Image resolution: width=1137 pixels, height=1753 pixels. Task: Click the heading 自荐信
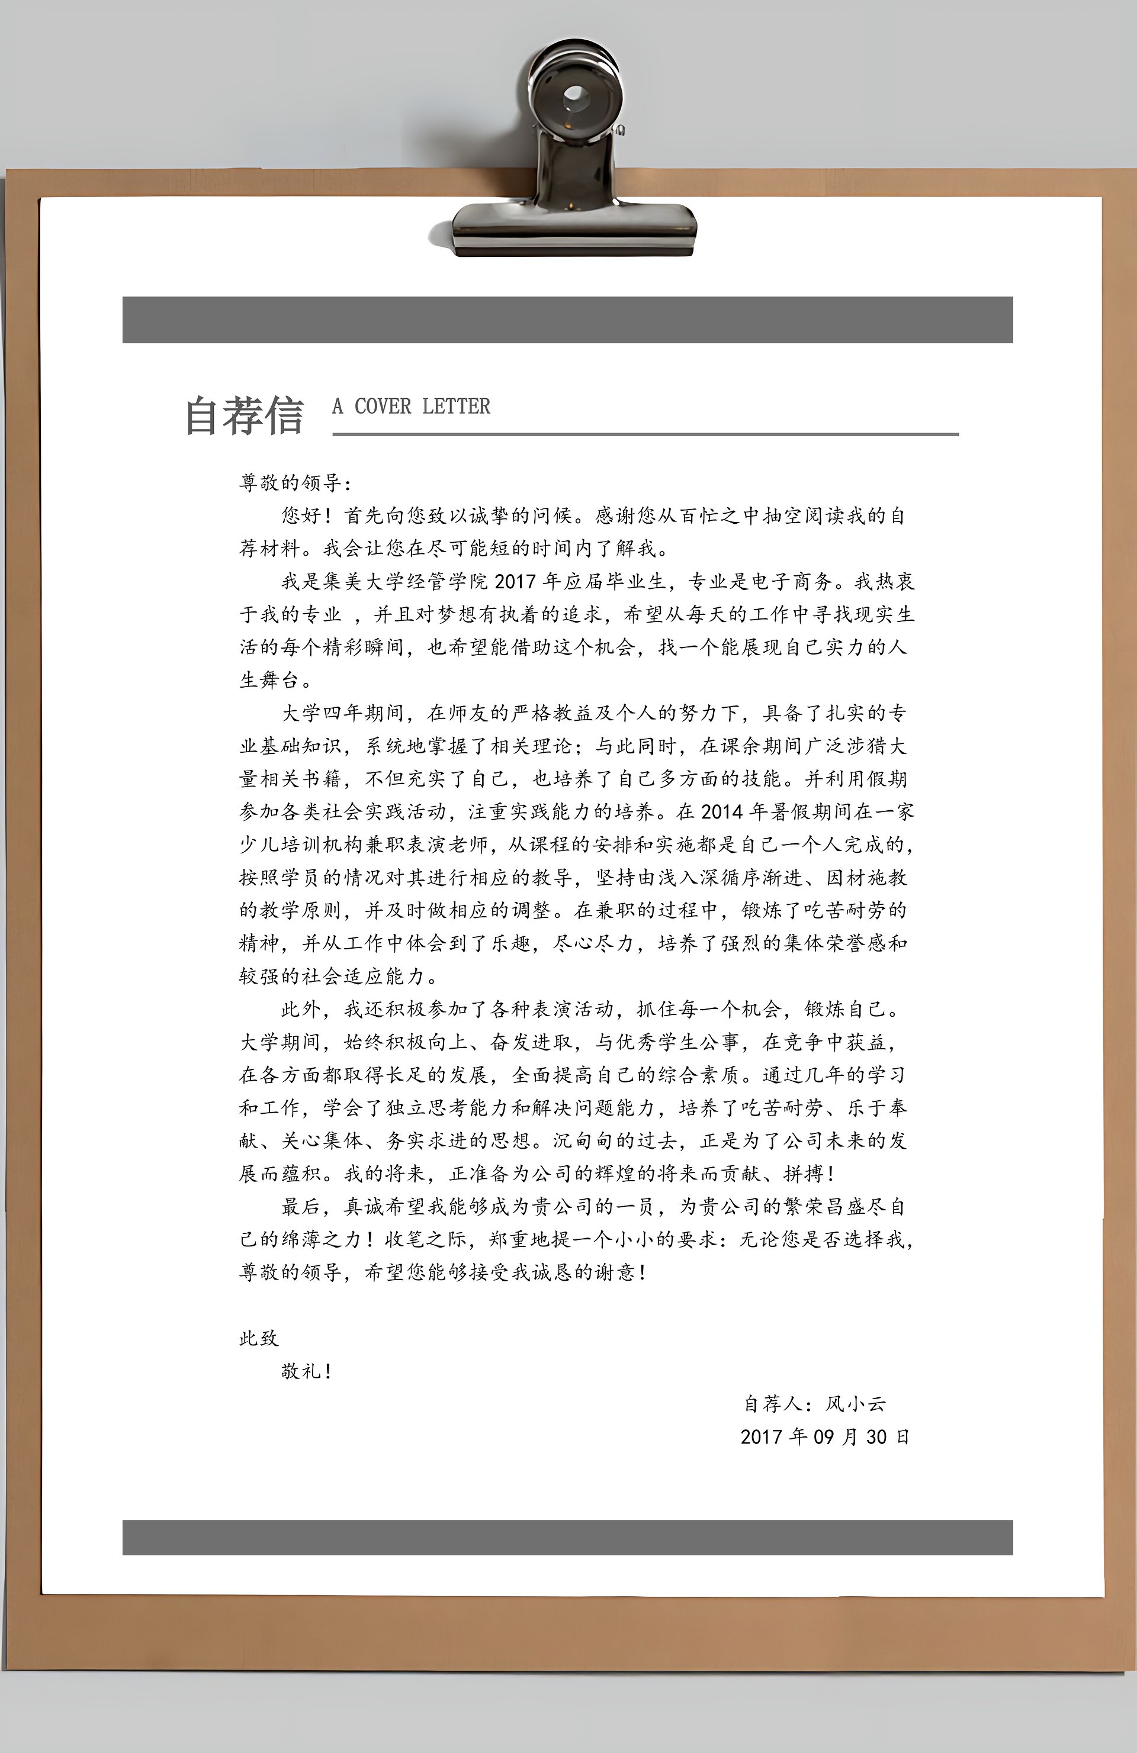244,415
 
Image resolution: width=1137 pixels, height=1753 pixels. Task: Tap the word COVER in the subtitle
383,407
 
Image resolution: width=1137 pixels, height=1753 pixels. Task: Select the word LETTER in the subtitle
456,407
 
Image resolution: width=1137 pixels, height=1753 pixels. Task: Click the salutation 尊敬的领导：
296,483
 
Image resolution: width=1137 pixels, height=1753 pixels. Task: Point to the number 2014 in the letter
721,811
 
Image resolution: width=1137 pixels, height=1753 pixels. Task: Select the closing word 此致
259,1338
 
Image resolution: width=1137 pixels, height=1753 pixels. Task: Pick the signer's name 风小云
856,1404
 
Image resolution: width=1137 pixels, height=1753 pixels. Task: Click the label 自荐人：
778,1404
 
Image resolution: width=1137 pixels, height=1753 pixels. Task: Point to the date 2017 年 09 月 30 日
824,1437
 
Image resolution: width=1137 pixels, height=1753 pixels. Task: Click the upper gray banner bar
567,320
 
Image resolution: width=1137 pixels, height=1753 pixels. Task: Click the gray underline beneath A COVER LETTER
645,434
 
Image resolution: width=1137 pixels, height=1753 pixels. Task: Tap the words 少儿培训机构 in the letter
301,845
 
